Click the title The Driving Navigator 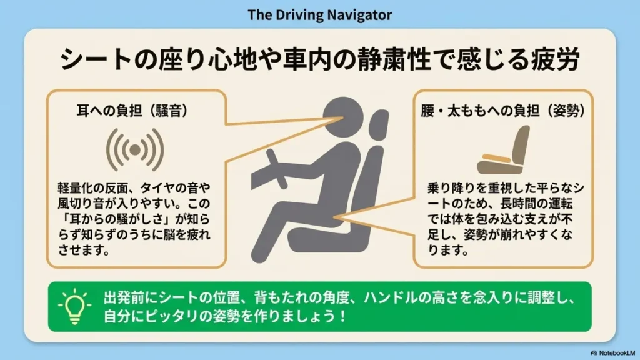pyautogui.click(x=319, y=15)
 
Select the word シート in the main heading pyautogui.click(x=96, y=59)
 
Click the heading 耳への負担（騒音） pyautogui.click(x=132, y=111)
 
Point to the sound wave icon pyautogui.click(x=135, y=150)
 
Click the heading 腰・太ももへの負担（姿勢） pyautogui.click(x=503, y=111)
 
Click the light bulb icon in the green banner pyautogui.click(x=74, y=306)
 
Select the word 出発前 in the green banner pyautogui.click(x=124, y=298)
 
